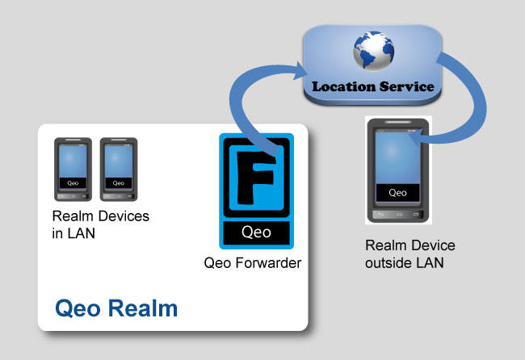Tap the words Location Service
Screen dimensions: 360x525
(x=373, y=86)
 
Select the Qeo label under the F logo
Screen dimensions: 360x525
(x=257, y=232)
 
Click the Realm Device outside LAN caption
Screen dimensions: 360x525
(x=409, y=253)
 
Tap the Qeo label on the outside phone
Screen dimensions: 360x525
(x=398, y=192)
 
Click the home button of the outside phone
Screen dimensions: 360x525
(x=398, y=215)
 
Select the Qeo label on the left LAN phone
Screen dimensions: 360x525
(x=72, y=183)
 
